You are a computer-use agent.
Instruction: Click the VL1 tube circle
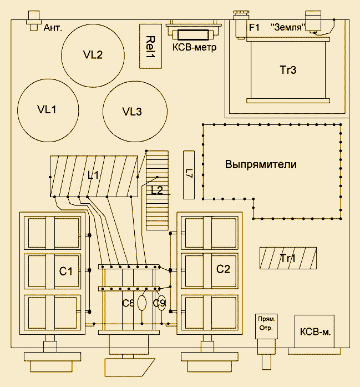[48, 109]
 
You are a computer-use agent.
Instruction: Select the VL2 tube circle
[93, 55]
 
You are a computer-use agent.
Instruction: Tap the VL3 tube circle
[133, 111]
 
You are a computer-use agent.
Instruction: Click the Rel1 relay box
[150, 46]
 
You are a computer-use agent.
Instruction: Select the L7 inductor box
[189, 174]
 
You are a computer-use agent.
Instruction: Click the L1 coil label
[93, 175]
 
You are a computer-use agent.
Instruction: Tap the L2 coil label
[157, 190]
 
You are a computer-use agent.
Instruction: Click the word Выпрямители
[261, 165]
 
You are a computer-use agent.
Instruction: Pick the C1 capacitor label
[67, 272]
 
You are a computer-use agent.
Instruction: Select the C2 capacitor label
[223, 269]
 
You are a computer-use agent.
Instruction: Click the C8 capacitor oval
[142, 303]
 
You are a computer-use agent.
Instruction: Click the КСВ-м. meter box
[315, 332]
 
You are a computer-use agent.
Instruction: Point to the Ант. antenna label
[53, 27]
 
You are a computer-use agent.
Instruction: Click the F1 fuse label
[254, 27]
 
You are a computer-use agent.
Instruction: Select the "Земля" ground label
[288, 27]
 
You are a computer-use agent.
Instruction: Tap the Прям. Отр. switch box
[267, 324]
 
